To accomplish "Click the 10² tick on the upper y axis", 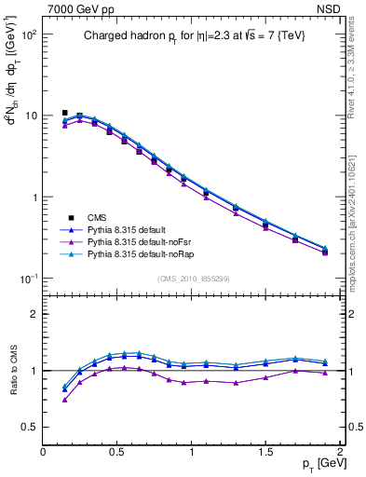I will [28, 34].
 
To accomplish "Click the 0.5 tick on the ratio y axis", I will [30, 427].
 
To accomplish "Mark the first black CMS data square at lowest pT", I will [65, 113].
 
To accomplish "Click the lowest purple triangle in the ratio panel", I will [65, 400].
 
